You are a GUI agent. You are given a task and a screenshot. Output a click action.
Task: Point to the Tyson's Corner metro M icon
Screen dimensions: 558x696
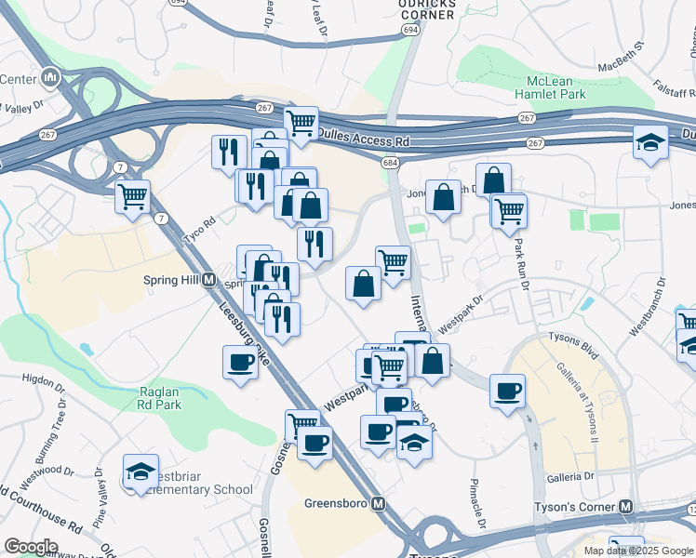click(626, 507)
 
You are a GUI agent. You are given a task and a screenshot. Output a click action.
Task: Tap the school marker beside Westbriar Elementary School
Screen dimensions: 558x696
click(141, 472)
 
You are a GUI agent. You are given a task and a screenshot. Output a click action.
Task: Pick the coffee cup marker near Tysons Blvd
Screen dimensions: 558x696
click(507, 391)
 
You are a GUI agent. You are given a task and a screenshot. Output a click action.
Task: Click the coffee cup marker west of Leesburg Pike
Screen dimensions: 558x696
click(240, 362)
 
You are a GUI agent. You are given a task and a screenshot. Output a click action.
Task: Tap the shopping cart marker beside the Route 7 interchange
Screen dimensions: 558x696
click(133, 196)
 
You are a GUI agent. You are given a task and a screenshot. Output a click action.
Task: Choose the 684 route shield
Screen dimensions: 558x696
click(390, 163)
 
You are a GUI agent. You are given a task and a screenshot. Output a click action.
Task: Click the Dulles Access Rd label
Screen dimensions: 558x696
click(363, 138)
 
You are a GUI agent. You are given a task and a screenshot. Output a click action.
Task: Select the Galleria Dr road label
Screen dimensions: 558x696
click(571, 476)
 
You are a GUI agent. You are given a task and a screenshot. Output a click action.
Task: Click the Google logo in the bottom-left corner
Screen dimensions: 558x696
click(31, 547)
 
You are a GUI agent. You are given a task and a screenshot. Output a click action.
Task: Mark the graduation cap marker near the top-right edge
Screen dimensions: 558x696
click(650, 142)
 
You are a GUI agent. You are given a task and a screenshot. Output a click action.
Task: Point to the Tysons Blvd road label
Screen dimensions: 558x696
click(571, 339)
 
